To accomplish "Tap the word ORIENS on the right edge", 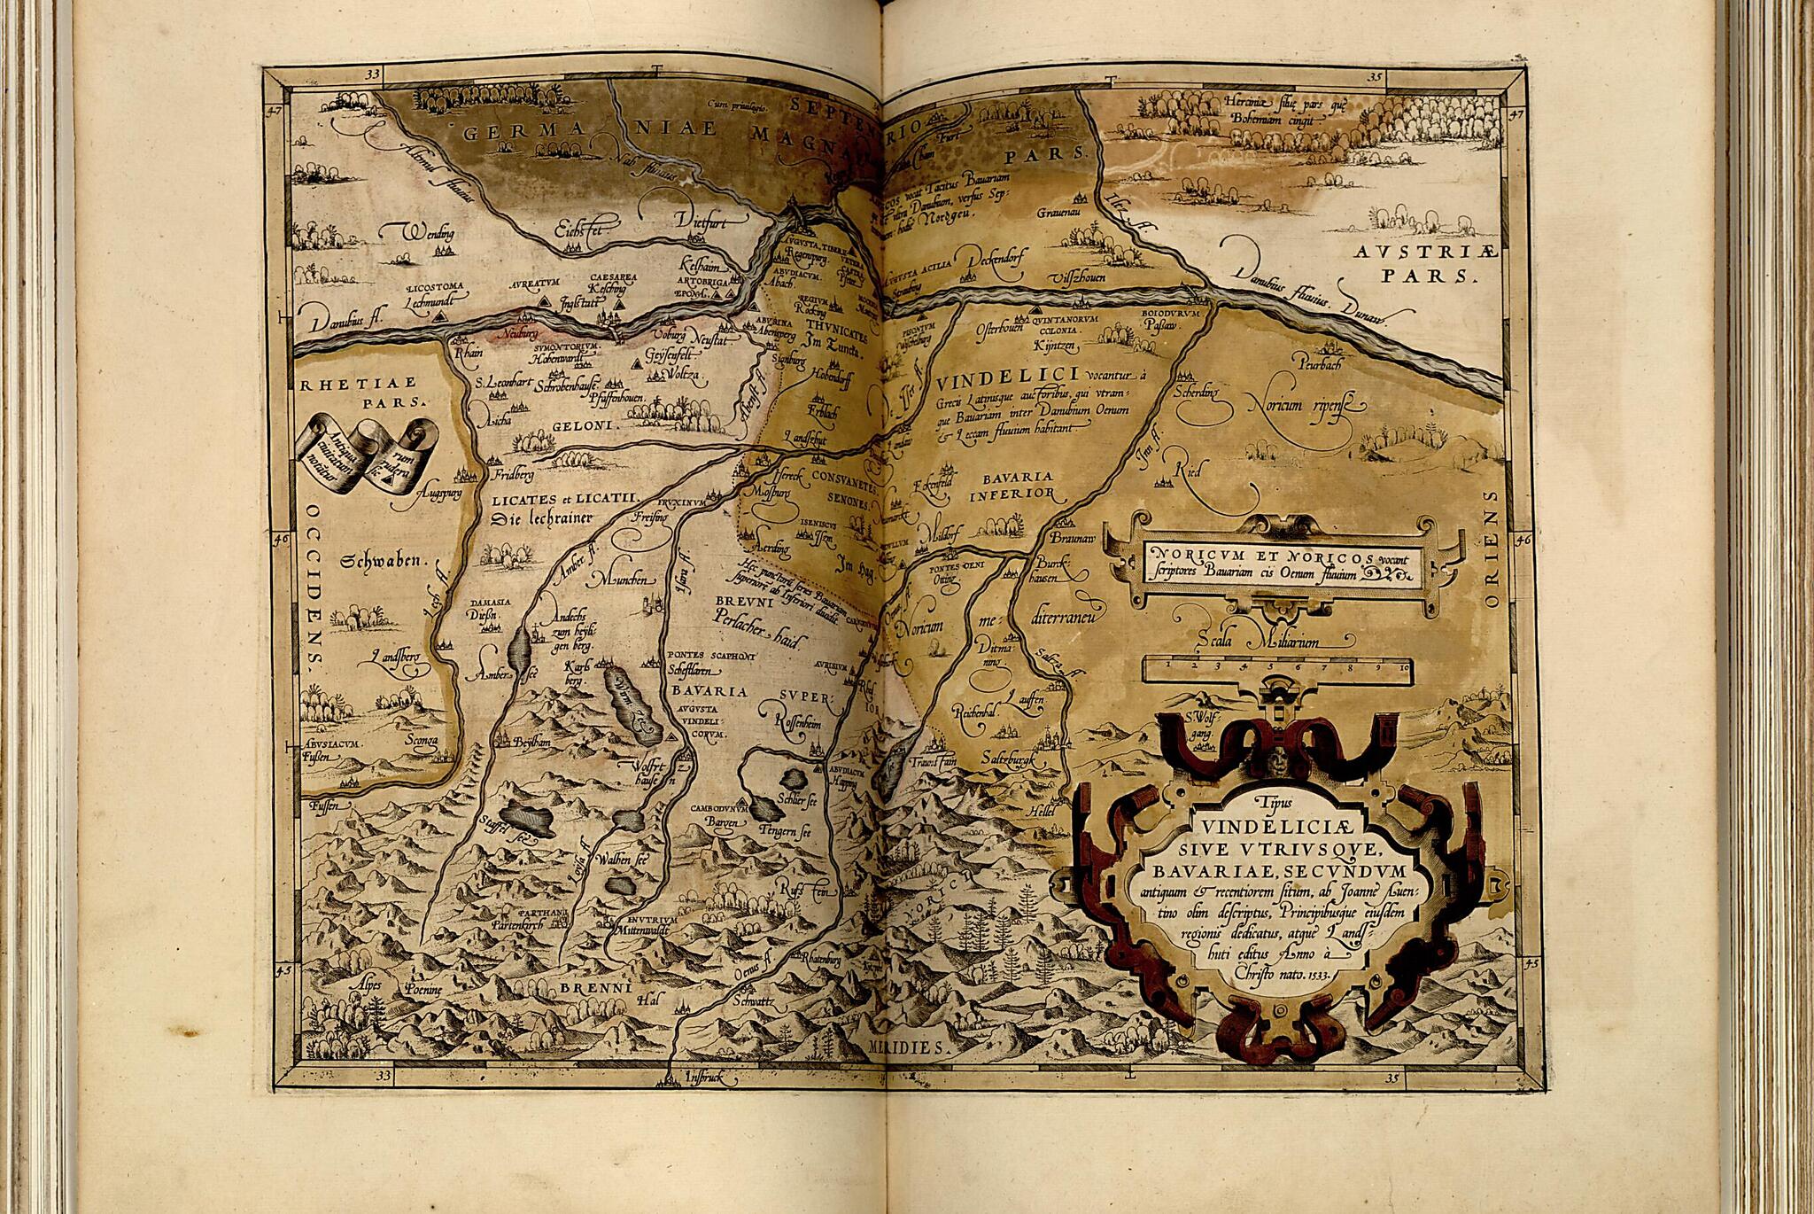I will pyautogui.click(x=1489, y=557).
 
